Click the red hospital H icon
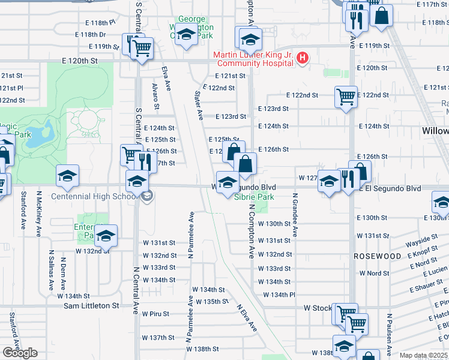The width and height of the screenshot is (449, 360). coord(303,58)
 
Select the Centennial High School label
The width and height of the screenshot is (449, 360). coord(94,196)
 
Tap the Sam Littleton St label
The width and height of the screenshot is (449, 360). coord(92,305)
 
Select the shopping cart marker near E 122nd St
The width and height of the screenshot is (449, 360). coord(345,97)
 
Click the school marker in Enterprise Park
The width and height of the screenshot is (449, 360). coord(106,236)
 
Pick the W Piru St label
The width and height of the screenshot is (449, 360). coord(156,314)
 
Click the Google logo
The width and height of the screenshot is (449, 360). coord(20,353)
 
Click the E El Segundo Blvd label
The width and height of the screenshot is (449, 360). coord(390,188)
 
